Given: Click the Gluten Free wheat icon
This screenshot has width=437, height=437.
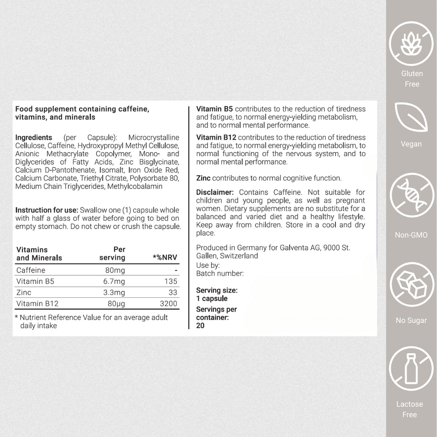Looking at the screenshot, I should pyautogui.click(x=411, y=44).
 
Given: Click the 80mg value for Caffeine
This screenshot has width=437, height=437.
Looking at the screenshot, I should pyautogui.click(x=116, y=270).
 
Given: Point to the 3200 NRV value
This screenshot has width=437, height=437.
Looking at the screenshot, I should pyautogui.click(x=168, y=303).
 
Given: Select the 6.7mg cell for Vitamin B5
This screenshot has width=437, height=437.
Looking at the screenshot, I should pyautogui.click(x=114, y=281).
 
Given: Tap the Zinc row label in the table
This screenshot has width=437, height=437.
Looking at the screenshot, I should pyautogui.click(x=24, y=292).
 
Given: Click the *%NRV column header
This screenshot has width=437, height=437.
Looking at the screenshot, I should pyautogui.click(x=165, y=258).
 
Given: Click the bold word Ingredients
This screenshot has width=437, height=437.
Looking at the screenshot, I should pyautogui.click(x=34, y=138).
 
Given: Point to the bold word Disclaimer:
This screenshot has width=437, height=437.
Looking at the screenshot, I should pyautogui.click(x=215, y=192).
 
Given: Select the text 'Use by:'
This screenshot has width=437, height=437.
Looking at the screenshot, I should pyautogui.click(x=208, y=265).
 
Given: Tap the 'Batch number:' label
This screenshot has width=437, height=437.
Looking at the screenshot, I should pyautogui.click(x=220, y=274).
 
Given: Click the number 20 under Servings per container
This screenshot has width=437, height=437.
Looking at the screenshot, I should pyautogui.click(x=200, y=326).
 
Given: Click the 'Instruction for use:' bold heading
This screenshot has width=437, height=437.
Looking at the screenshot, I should pyautogui.click(x=47, y=210).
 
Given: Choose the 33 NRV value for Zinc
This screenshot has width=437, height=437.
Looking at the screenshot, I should pyautogui.click(x=173, y=292).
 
